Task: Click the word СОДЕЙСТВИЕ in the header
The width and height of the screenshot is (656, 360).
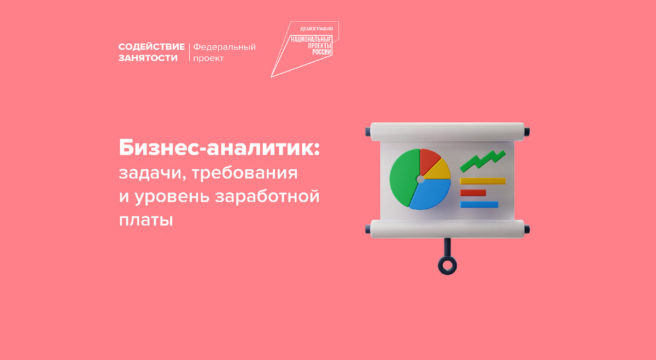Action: [151, 47]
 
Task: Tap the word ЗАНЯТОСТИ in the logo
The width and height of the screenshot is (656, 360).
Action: [148, 58]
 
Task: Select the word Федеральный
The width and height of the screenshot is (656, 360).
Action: [224, 47]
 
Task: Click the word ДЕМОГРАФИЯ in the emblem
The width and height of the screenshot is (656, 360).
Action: [317, 29]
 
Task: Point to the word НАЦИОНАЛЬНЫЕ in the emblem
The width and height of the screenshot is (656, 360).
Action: [311, 39]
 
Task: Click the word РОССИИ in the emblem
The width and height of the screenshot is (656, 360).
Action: [321, 52]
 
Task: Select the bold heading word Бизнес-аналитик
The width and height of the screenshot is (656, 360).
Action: [219, 148]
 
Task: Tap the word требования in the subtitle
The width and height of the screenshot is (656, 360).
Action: [245, 173]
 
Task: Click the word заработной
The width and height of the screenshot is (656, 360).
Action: [267, 196]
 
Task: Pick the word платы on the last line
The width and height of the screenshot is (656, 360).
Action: [146, 220]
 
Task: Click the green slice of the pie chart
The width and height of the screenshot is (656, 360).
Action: [405, 177]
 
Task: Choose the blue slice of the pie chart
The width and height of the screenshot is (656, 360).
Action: [431, 194]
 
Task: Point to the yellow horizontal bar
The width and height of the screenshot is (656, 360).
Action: [483, 181]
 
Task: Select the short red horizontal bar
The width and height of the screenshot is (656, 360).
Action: [473, 193]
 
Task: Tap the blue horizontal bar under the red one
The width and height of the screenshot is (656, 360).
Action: [479, 204]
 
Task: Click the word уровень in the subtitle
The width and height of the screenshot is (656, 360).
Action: [172, 197]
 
